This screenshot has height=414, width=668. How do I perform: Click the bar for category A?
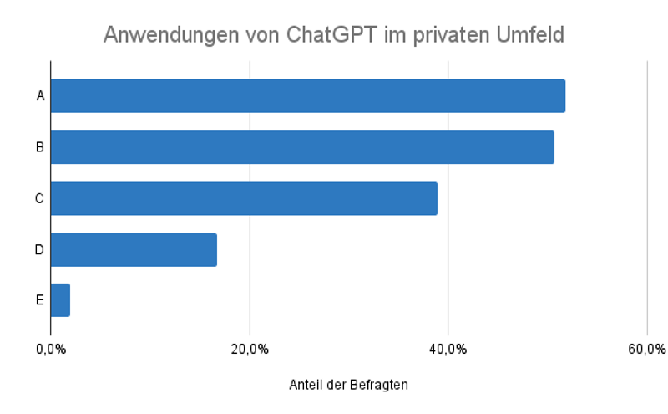(308, 95)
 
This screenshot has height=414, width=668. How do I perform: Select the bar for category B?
(302, 147)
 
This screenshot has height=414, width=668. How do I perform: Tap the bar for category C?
(244, 198)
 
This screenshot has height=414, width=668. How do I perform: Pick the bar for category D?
(134, 249)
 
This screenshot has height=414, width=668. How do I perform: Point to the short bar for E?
(60, 299)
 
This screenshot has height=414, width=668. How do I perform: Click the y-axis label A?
(39, 95)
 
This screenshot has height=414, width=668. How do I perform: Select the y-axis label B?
(39, 147)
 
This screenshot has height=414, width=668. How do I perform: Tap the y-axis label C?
(39, 198)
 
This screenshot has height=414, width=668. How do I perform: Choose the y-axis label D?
(39, 249)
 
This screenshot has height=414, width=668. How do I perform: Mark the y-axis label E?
(39, 299)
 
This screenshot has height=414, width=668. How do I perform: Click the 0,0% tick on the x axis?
(51, 349)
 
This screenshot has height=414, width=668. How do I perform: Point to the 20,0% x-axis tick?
(250, 349)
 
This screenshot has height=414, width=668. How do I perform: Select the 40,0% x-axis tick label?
(448, 349)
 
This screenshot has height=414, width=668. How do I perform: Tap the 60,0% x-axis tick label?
(646, 349)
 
